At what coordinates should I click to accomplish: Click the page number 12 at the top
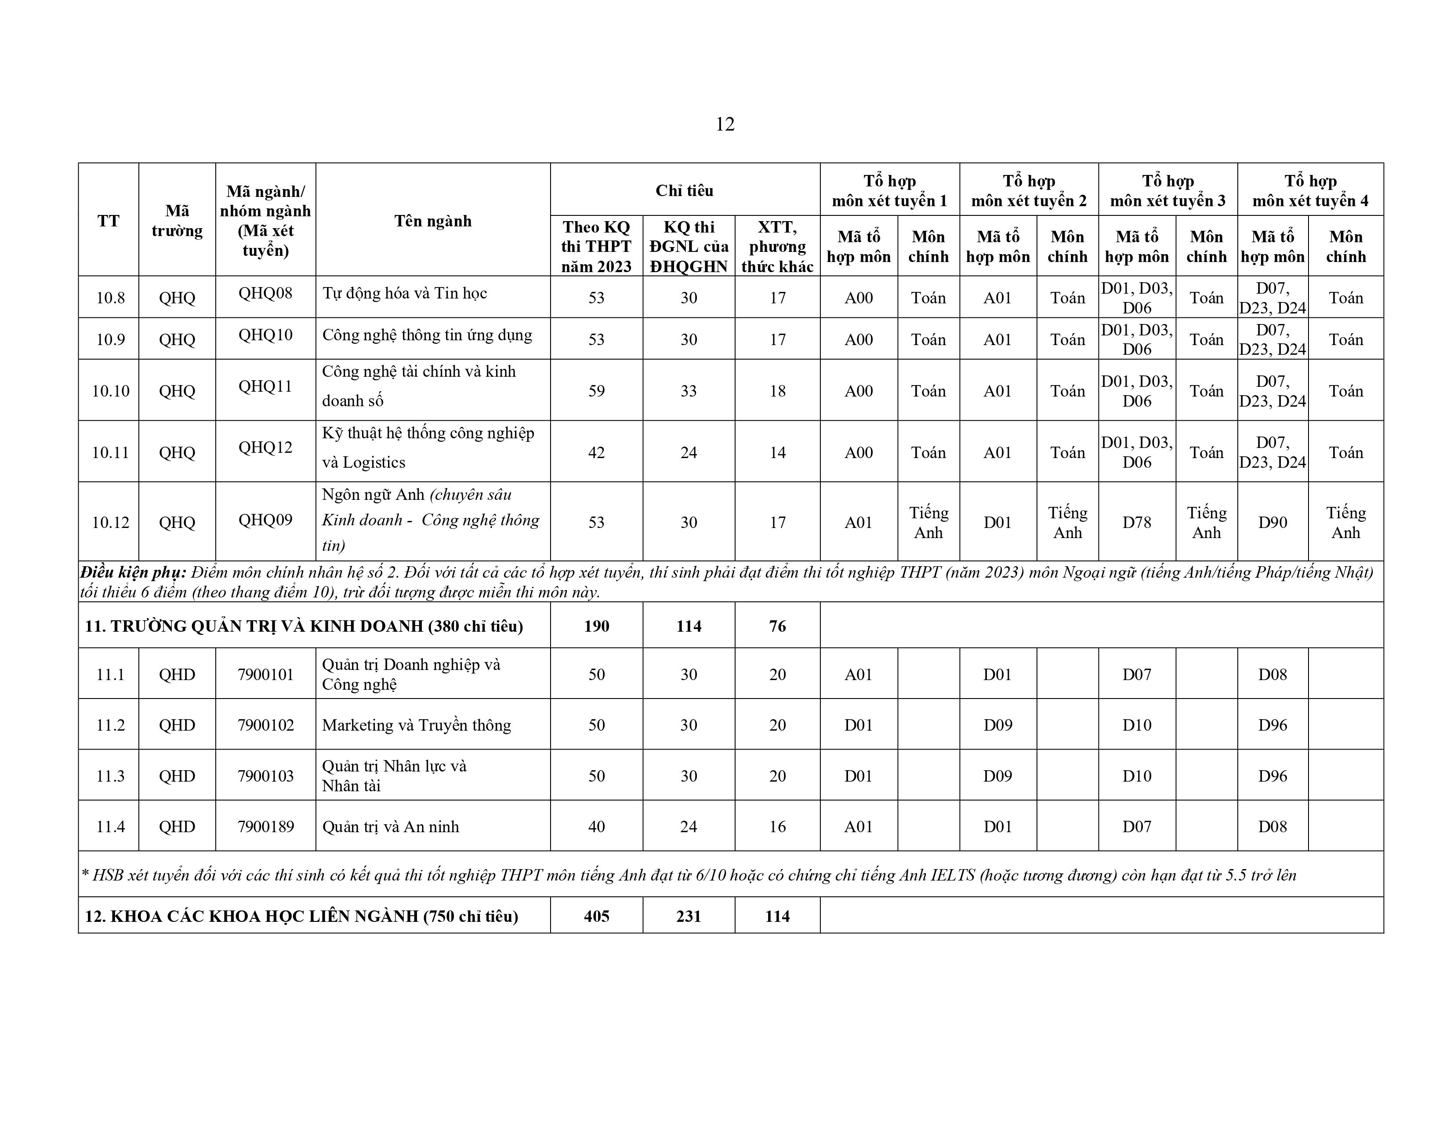click(x=725, y=124)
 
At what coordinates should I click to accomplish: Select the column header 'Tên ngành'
click(x=433, y=221)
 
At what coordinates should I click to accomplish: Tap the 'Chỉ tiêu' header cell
click(x=685, y=191)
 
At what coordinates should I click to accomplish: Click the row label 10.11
click(x=110, y=453)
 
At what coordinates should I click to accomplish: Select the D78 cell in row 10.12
click(x=1137, y=523)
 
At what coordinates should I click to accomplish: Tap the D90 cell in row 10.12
click(x=1272, y=523)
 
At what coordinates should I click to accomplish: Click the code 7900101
click(x=265, y=675)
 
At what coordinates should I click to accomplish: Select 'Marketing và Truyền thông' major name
click(x=416, y=725)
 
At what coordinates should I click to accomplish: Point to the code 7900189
click(x=265, y=827)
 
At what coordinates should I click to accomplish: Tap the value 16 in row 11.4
click(x=777, y=827)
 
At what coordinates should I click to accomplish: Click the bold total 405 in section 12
click(x=596, y=917)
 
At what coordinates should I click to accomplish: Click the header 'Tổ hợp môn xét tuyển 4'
click(x=1310, y=191)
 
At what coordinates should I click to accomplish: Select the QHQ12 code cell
click(x=265, y=448)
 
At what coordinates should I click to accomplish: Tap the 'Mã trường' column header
click(x=177, y=221)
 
